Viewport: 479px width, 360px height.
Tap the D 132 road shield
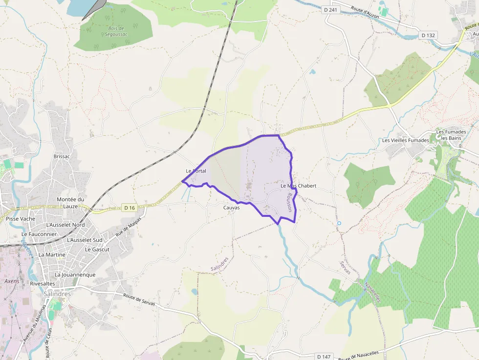click(x=429, y=35)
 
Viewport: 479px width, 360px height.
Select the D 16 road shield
click(x=129, y=208)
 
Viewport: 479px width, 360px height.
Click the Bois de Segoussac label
click(x=115, y=31)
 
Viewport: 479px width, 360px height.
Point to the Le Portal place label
click(x=196, y=171)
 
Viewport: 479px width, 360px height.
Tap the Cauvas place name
click(x=231, y=208)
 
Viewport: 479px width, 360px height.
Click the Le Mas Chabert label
click(x=298, y=186)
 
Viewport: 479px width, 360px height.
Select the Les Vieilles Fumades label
click(x=406, y=140)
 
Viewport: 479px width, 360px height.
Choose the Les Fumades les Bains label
click(x=448, y=135)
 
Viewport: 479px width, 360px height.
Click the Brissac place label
click(x=62, y=156)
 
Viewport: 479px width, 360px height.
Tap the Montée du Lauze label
click(x=70, y=203)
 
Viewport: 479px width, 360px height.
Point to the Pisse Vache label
click(x=21, y=219)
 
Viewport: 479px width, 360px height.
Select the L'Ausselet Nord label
click(x=65, y=225)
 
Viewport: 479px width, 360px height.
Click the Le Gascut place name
click(x=97, y=249)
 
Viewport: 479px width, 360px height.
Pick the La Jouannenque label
click(x=75, y=275)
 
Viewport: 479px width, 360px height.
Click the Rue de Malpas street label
click(x=125, y=228)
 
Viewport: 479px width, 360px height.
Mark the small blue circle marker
click(x=339, y=224)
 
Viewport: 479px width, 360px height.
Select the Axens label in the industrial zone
click(x=12, y=281)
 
